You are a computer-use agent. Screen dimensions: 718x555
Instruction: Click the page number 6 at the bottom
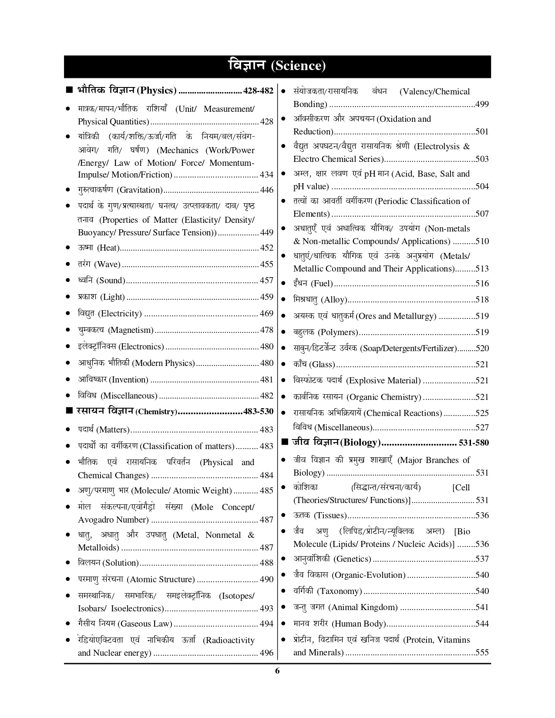click(277, 671)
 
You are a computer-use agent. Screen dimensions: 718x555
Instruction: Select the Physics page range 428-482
click(259, 91)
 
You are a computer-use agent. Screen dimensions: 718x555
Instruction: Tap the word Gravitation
click(140, 190)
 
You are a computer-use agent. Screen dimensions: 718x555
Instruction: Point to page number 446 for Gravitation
click(266, 190)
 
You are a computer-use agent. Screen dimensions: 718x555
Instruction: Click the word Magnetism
click(131, 330)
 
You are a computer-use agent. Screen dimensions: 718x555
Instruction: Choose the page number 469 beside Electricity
click(266, 313)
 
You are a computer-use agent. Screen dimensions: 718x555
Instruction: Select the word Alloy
click(334, 299)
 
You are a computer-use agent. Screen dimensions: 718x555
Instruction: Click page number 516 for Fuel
click(482, 283)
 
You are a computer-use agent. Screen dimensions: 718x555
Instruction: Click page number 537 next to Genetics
click(482, 559)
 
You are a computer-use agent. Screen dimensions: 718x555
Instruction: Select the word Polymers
click(338, 332)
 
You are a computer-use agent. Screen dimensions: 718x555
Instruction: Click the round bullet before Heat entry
click(68, 248)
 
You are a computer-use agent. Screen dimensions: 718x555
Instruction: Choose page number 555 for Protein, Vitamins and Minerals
click(482, 652)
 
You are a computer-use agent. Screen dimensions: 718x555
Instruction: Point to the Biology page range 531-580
click(474, 443)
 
